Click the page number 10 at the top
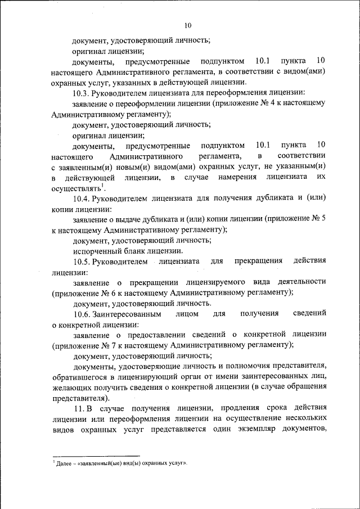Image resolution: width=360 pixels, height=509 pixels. point(188,25)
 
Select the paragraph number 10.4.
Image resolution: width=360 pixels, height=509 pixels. point(83,198)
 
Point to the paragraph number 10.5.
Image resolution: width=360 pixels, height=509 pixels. point(83,262)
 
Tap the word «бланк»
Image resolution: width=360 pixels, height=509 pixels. point(133,251)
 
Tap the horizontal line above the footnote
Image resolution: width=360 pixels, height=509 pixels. point(96,456)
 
